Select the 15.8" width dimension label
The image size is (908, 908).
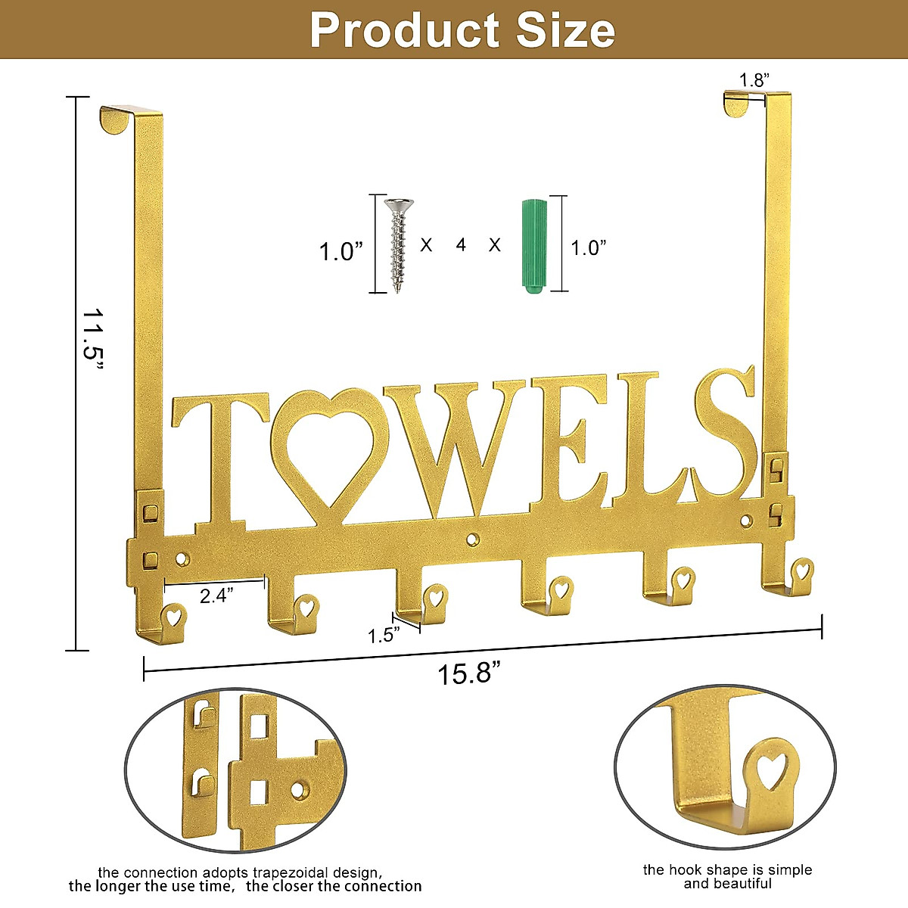pyautogui.click(x=469, y=673)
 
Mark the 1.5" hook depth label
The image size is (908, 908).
pyautogui.click(x=384, y=635)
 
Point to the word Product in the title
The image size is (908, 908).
pyautogui.click(x=405, y=30)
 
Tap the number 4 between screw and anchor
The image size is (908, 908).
pyautogui.click(x=461, y=244)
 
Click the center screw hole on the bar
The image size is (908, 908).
pyautogui.click(x=474, y=539)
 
